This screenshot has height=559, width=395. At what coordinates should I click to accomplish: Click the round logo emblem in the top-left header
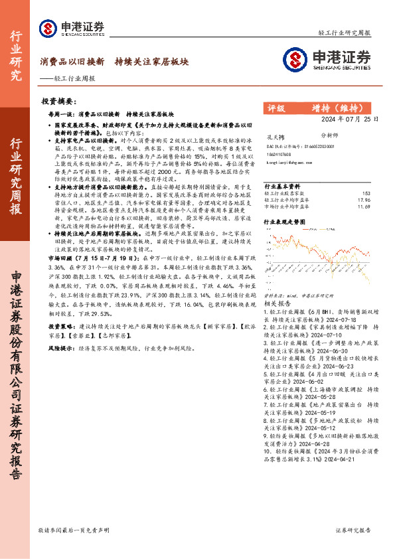(x=48, y=28)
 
